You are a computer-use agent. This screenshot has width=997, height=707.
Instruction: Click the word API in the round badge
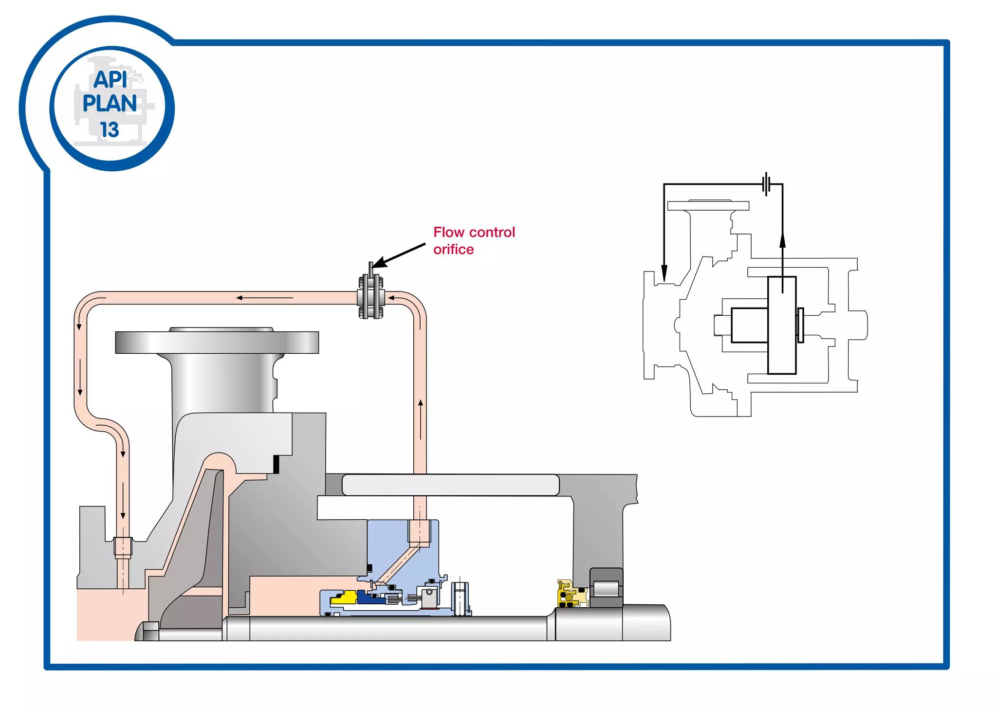pos(111,79)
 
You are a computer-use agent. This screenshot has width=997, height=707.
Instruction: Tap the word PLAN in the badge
pos(110,104)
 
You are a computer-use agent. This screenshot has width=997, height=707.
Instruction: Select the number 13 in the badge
pos(110,130)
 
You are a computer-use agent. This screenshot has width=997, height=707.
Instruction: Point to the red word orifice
pos(453,250)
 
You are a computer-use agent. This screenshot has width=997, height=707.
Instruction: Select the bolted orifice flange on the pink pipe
pos(371,297)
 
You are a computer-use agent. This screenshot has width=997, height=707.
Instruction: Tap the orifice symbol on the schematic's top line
pos(766,184)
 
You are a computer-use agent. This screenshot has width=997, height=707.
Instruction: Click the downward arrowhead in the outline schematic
pos(664,273)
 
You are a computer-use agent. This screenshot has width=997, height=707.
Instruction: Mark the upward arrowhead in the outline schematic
pos(782,240)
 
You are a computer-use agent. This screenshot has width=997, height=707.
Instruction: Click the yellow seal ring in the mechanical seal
pos(343,598)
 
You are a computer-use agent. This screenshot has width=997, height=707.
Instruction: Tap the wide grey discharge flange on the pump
pos(217,342)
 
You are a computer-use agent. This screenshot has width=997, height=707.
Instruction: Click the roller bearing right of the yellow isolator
pos(606,588)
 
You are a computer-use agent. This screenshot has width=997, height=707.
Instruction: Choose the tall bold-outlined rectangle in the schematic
pos(782,325)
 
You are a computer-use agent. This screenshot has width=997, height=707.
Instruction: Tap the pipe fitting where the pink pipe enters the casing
pos(123,546)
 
